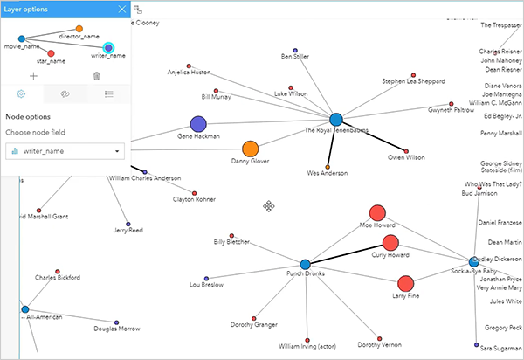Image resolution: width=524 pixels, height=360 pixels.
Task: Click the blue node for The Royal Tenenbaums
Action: click(x=336, y=119)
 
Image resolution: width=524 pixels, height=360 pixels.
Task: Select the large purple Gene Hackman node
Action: click(x=198, y=124)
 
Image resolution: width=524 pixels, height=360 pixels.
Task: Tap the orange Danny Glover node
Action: click(x=250, y=149)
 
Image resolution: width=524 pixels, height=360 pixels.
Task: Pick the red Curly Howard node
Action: click(x=390, y=243)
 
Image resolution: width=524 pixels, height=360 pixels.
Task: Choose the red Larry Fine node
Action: click(x=405, y=283)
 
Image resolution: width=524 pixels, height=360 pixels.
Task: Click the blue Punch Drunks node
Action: click(x=306, y=264)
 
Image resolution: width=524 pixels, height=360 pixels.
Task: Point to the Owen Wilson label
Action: click(x=406, y=157)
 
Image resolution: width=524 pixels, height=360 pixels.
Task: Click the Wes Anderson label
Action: click(x=327, y=174)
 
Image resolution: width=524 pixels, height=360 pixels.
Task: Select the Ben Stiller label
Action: click(x=295, y=57)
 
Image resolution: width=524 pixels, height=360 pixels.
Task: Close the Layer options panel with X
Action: click(x=121, y=10)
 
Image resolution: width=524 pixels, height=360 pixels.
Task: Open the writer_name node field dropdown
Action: click(x=65, y=151)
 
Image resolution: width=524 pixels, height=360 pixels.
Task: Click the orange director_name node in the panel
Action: click(x=79, y=29)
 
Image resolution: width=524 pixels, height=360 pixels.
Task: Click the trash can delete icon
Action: click(x=96, y=76)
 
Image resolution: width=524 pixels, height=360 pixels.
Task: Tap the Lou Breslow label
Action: click(x=206, y=285)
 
